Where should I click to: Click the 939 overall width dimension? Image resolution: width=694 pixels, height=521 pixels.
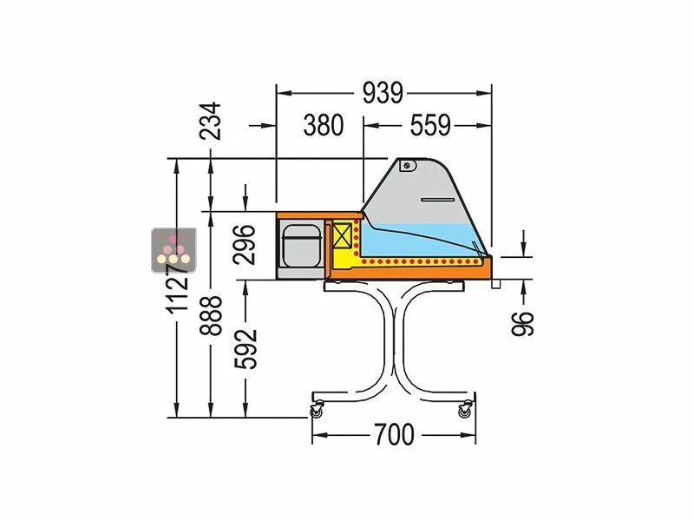[x=383, y=93]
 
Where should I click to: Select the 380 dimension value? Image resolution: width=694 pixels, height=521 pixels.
[x=324, y=125]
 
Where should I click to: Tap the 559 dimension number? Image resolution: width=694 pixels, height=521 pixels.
[x=430, y=125]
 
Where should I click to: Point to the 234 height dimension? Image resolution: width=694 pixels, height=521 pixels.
[x=210, y=121]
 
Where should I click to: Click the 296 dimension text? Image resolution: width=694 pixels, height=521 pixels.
[x=245, y=245]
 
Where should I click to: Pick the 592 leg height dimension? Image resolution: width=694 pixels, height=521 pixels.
[x=246, y=349]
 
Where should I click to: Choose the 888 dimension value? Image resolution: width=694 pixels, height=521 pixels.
[x=210, y=315]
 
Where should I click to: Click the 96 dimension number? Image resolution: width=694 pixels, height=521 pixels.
[x=523, y=324]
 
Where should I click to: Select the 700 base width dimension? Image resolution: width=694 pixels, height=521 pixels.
[x=395, y=435]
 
